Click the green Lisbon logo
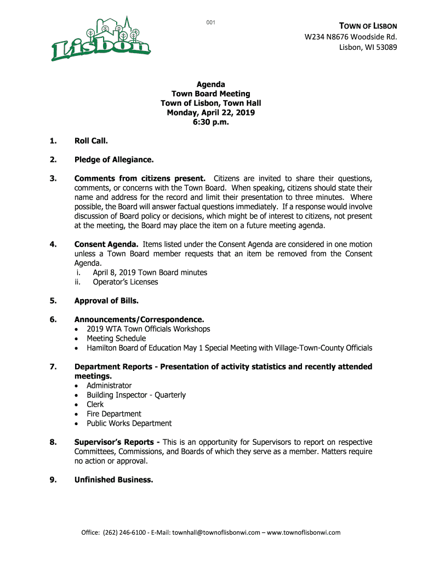(x=101, y=38)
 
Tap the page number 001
(x=210, y=22)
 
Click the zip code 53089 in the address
(x=385, y=47)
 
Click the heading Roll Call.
(x=91, y=141)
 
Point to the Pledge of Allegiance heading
(x=114, y=160)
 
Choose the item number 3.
(x=53, y=179)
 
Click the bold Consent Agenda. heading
(x=106, y=244)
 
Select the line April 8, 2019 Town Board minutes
(x=150, y=272)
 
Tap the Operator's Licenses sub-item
(x=125, y=282)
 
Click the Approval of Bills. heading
(x=106, y=301)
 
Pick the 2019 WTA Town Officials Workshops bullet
(x=148, y=329)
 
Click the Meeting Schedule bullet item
(x=116, y=339)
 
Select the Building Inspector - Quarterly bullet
(x=136, y=395)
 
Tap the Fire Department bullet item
(x=113, y=414)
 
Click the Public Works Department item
(x=129, y=423)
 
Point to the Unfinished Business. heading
(x=113, y=480)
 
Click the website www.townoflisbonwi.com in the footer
(x=304, y=533)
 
